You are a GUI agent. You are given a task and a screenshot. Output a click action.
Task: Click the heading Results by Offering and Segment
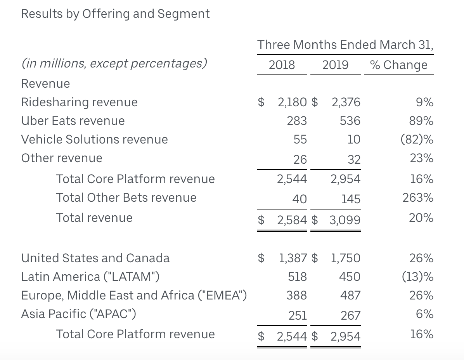pyautogui.click(x=115, y=14)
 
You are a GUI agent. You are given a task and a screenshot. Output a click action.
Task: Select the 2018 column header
pyautogui.click(x=282, y=65)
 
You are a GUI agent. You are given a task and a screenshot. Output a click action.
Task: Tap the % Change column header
pyautogui.click(x=399, y=65)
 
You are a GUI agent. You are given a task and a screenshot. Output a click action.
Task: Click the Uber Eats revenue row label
pyautogui.click(x=73, y=121)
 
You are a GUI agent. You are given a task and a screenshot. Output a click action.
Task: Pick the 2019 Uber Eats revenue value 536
pyautogui.click(x=350, y=121)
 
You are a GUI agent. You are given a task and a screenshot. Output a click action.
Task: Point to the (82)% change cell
pyautogui.click(x=417, y=139)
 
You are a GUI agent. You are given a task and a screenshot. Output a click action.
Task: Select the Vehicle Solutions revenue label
pyautogui.click(x=94, y=139)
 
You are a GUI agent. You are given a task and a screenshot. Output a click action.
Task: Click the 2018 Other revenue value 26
pyautogui.click(x=300, y=159)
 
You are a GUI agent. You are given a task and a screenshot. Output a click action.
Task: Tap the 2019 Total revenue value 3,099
pyautogui.click(x=345, y=220)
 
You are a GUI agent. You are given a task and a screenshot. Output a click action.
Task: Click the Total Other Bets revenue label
pyautogui.click(x=126, y=198)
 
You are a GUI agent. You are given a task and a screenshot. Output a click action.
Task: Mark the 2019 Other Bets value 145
pyautogui.click(x=351, y=199)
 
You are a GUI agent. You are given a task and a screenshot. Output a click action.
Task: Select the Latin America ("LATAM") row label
pyautogui.click(x=90, y=277)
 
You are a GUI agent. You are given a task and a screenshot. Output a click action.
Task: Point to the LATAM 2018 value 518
pyautogui.click(x=298, y=277)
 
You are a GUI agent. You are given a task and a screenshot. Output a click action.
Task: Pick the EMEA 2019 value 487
pyautogui.click(x=350, y=296)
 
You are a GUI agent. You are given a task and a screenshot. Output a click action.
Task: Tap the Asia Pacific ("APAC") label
pyautogui.click(x=78, y=314)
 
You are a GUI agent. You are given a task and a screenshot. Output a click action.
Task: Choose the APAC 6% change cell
pyautogui.click(x=424, y=314)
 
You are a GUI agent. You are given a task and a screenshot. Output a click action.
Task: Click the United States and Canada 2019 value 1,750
pyautogui.click(x=345, y=258)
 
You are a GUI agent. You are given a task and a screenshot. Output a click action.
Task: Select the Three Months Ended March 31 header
pyautogui.click(x=345, y=45)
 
